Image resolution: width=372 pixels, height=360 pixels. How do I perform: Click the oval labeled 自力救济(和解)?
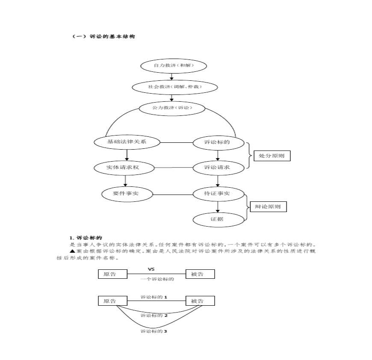click(x=174, y=66)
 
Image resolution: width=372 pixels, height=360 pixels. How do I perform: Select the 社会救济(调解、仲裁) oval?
click(x=174, y=87)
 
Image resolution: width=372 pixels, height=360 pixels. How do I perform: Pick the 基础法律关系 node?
click(x=127, y=142)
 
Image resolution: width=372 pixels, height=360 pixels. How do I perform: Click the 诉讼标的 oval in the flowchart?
click(x=218, y=142)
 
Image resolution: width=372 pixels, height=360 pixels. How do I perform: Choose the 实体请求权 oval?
click(x=123, y=168)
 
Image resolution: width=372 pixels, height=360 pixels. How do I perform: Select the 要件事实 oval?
click(x=127, y=194)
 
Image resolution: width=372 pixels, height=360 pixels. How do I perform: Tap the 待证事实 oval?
click(x=218, y=194)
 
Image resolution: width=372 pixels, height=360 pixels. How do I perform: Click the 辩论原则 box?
click(x=268, y=207)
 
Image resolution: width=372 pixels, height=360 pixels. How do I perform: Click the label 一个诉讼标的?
click(x=157, y=279)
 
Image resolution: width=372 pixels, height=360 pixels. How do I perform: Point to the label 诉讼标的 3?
click(x=154, y=331)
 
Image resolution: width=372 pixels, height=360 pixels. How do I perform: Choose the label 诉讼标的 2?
click(x=154, y=316)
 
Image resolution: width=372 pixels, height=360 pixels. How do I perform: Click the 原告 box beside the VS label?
click(x=113, y=274)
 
